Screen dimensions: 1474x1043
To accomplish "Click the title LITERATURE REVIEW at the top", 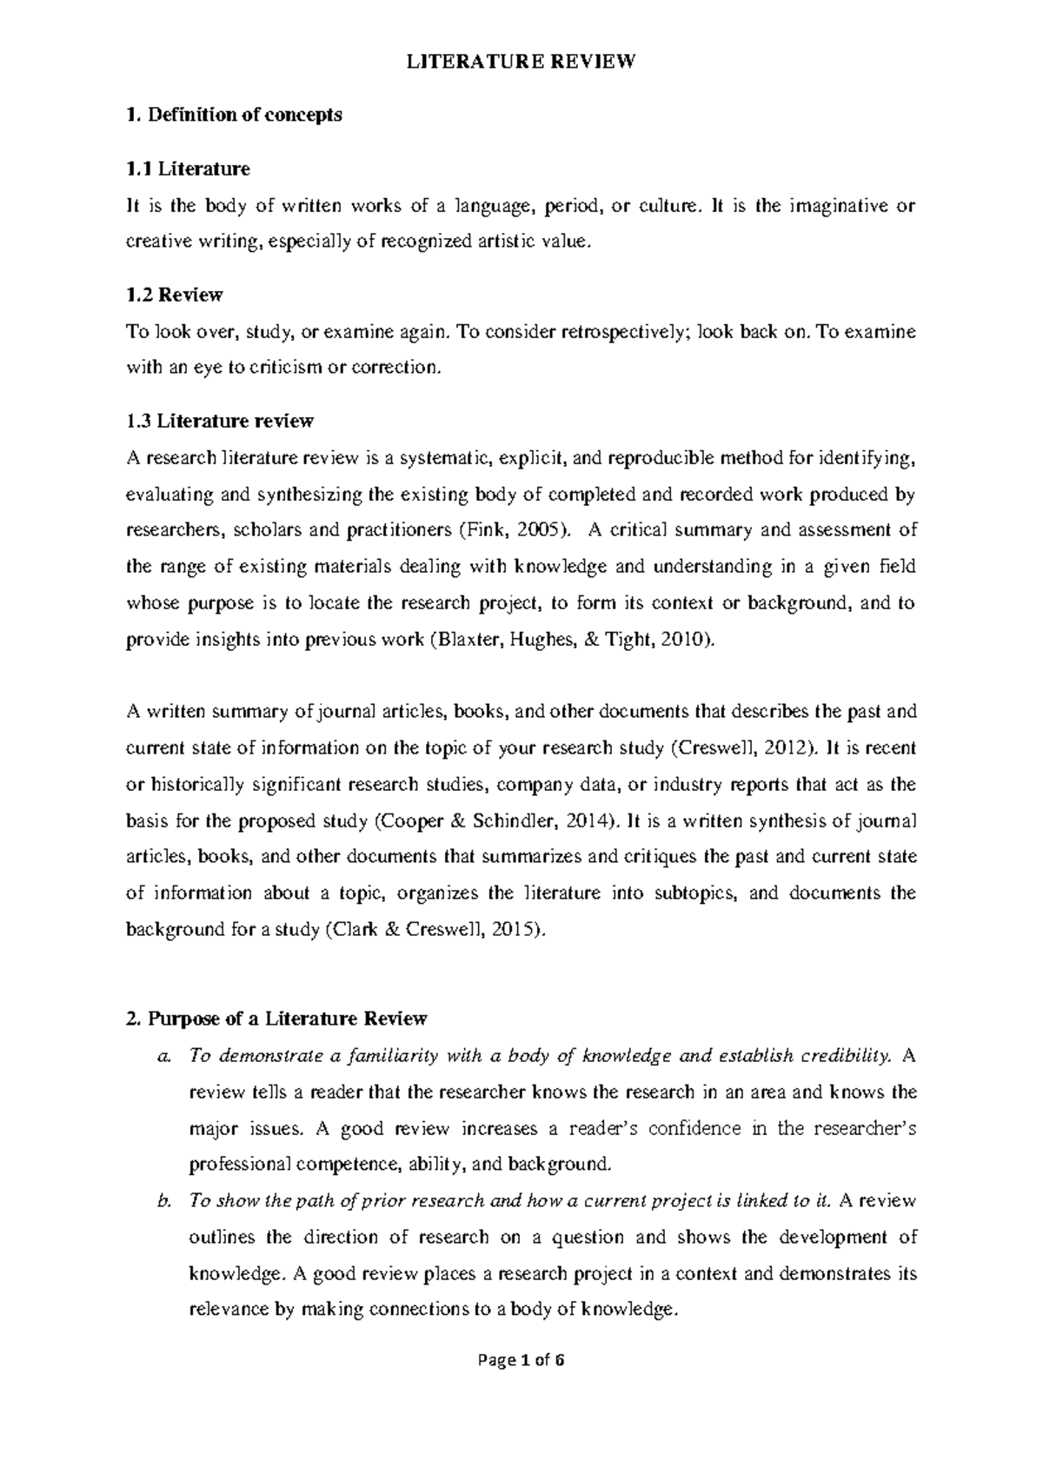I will pyautogui.click(x=521, y=62).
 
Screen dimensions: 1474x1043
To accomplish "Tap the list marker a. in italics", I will pyautogui.click(x=165, y=1056).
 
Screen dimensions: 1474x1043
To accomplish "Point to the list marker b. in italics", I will pyautogui.click(x=165, y=1201).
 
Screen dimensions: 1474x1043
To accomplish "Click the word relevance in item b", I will pyautogui.click(x=228, y=1310).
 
